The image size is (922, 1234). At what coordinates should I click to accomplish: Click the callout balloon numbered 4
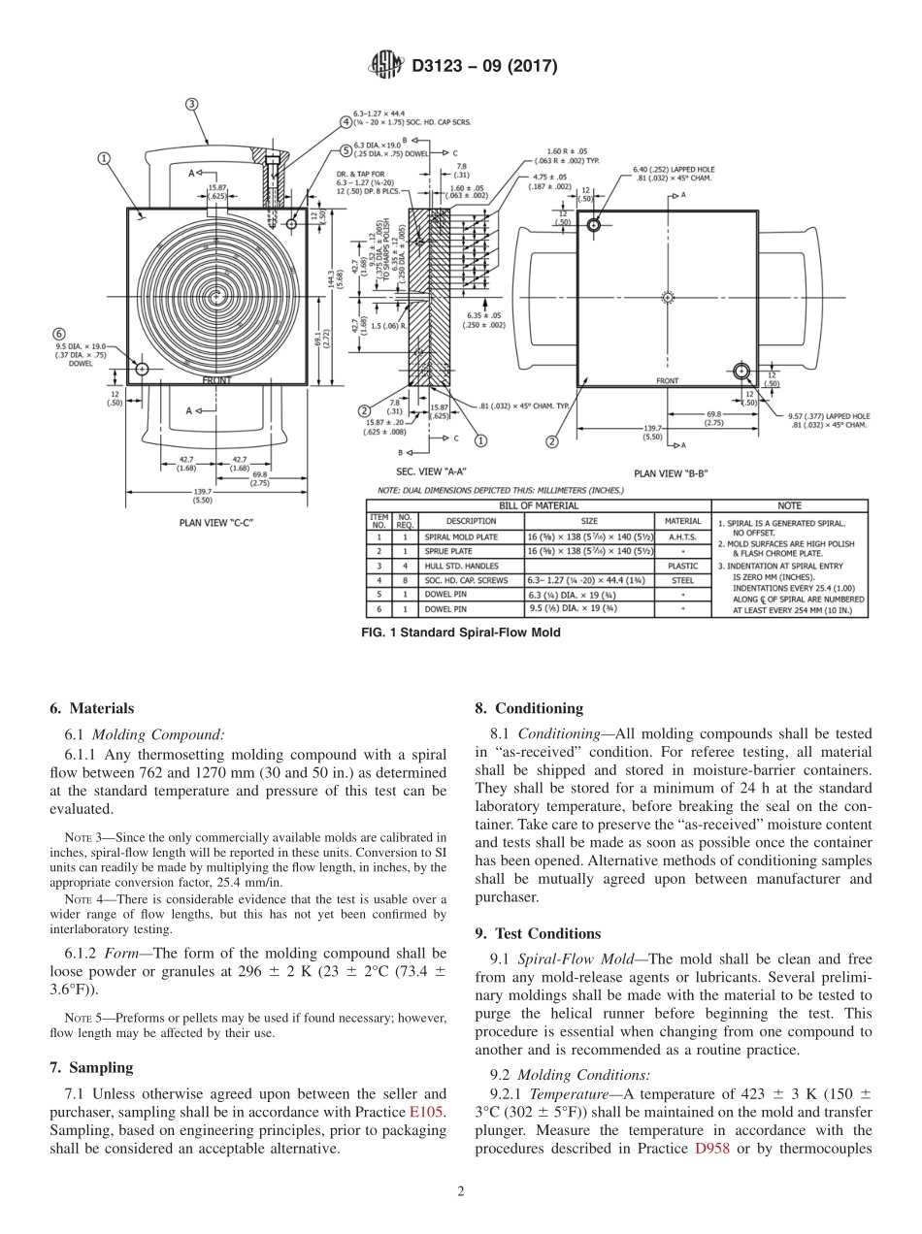pos(346,122)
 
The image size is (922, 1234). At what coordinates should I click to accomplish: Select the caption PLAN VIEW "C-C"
pos(217,522)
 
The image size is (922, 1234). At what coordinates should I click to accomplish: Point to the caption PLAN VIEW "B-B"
pos(670,472)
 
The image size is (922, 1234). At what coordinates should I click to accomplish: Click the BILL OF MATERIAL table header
pos(538,505)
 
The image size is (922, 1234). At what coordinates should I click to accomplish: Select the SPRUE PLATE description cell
pos(447,549)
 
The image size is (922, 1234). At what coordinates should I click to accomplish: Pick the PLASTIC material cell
pos(682,565)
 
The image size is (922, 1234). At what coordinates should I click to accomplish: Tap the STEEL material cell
pos(682,579)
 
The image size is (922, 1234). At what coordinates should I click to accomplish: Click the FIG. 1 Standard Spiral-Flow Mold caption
pos(460,633)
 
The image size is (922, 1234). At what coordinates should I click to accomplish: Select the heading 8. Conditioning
pos(529,708)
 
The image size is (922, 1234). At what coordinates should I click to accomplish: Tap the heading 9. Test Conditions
pos(538,933)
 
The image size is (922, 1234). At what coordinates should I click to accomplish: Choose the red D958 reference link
pos(712,1149)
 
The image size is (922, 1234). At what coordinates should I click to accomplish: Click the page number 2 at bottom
pos(461,1192)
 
